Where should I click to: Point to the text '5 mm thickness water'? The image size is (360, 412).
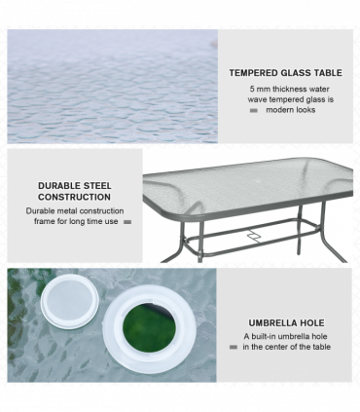pyautogui.click(x=290, y=89)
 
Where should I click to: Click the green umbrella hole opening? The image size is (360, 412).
pyautogui.click(x=149, y=324)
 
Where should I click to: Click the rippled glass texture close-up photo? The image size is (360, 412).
pyautogui.click(x=112, y=88)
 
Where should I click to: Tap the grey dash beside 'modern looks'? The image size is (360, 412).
pyautogui.click(x=254, y=111)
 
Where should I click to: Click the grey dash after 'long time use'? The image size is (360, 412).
pyautogui.click(x=126, y=222)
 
